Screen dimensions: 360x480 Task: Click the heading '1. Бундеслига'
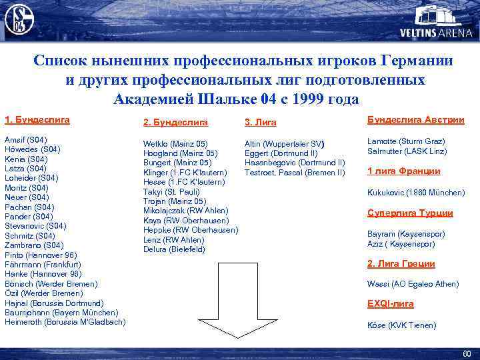click(37, 121)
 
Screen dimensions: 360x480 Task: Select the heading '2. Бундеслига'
click(176, 123)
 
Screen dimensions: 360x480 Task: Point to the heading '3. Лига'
click(261, 123)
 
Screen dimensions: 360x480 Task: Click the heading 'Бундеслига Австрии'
click(416, 119)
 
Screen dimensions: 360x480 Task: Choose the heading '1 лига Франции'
click(404, 171)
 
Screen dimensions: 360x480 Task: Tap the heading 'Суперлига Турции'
click(410, 213)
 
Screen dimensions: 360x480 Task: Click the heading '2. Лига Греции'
click(401, 264)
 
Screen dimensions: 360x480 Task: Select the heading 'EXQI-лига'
click(391, 304)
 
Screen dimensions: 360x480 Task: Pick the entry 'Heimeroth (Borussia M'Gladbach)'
click(65, 322)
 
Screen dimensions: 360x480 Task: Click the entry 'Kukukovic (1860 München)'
click(416, 193)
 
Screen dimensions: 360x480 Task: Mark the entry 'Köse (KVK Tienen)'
click(402, 325)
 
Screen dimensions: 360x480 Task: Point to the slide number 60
click(466, 353)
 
